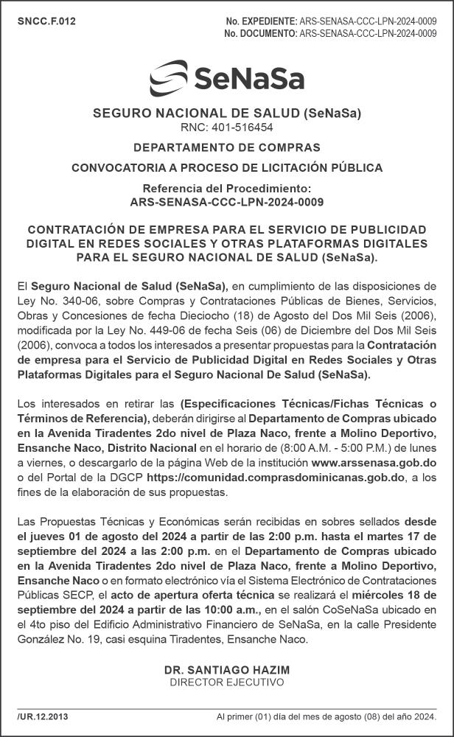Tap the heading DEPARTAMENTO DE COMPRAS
tap(227, 147)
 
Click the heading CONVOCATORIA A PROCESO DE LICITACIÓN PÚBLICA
tap(227, 168)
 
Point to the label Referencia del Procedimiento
tap(227, 189)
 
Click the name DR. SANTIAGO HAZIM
tap(227, 670)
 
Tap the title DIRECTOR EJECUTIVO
tap(227, 682)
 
